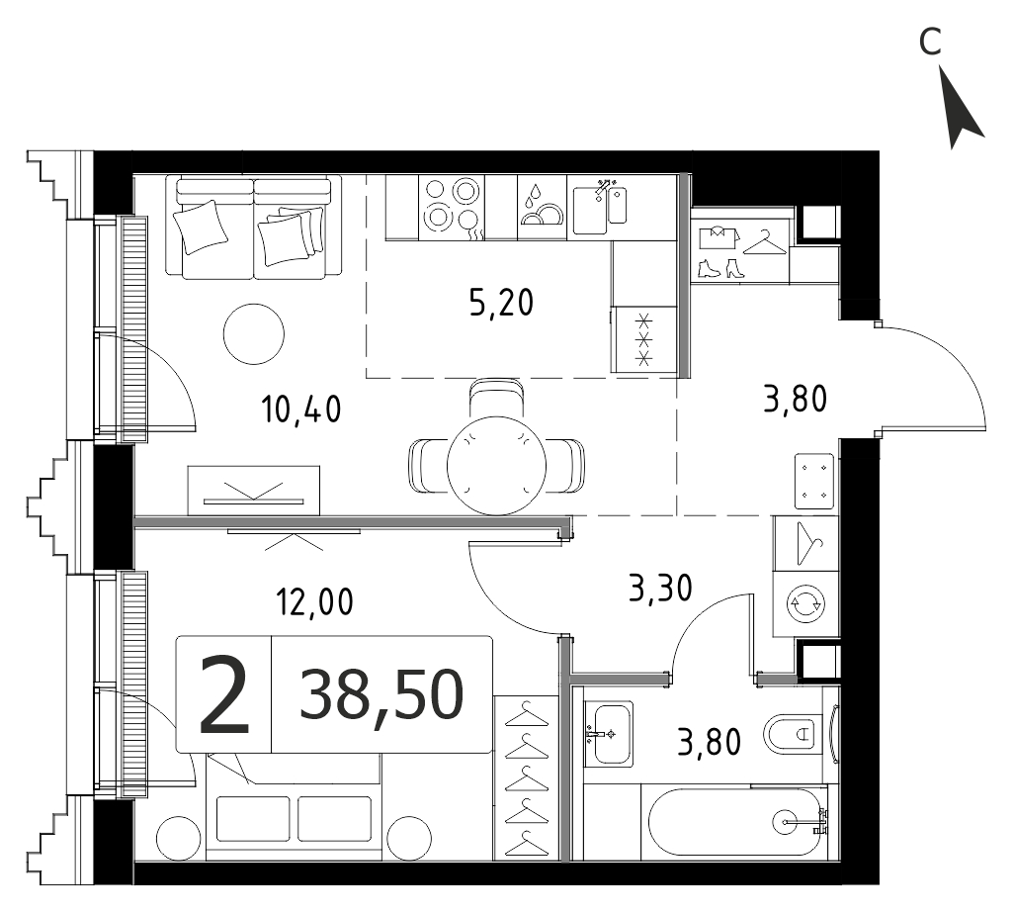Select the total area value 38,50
click(x=381, y=694)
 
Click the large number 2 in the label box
click(x=224, y=694)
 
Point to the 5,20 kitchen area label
click(x=501, y=302)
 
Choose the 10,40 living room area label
click(x=301, y=409)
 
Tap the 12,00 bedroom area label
click(x=315, y=601)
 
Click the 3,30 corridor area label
click(x=660, y=589)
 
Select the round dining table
click(x=497, y=465)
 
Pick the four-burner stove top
click(x=452, y=207)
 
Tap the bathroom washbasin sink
click(x=609, y=734)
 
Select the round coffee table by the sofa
click(x=253, y=334)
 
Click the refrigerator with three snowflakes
click(x=644, y=339)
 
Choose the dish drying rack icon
click(x=542, y=207)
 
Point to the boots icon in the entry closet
click(x=720, y=268)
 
